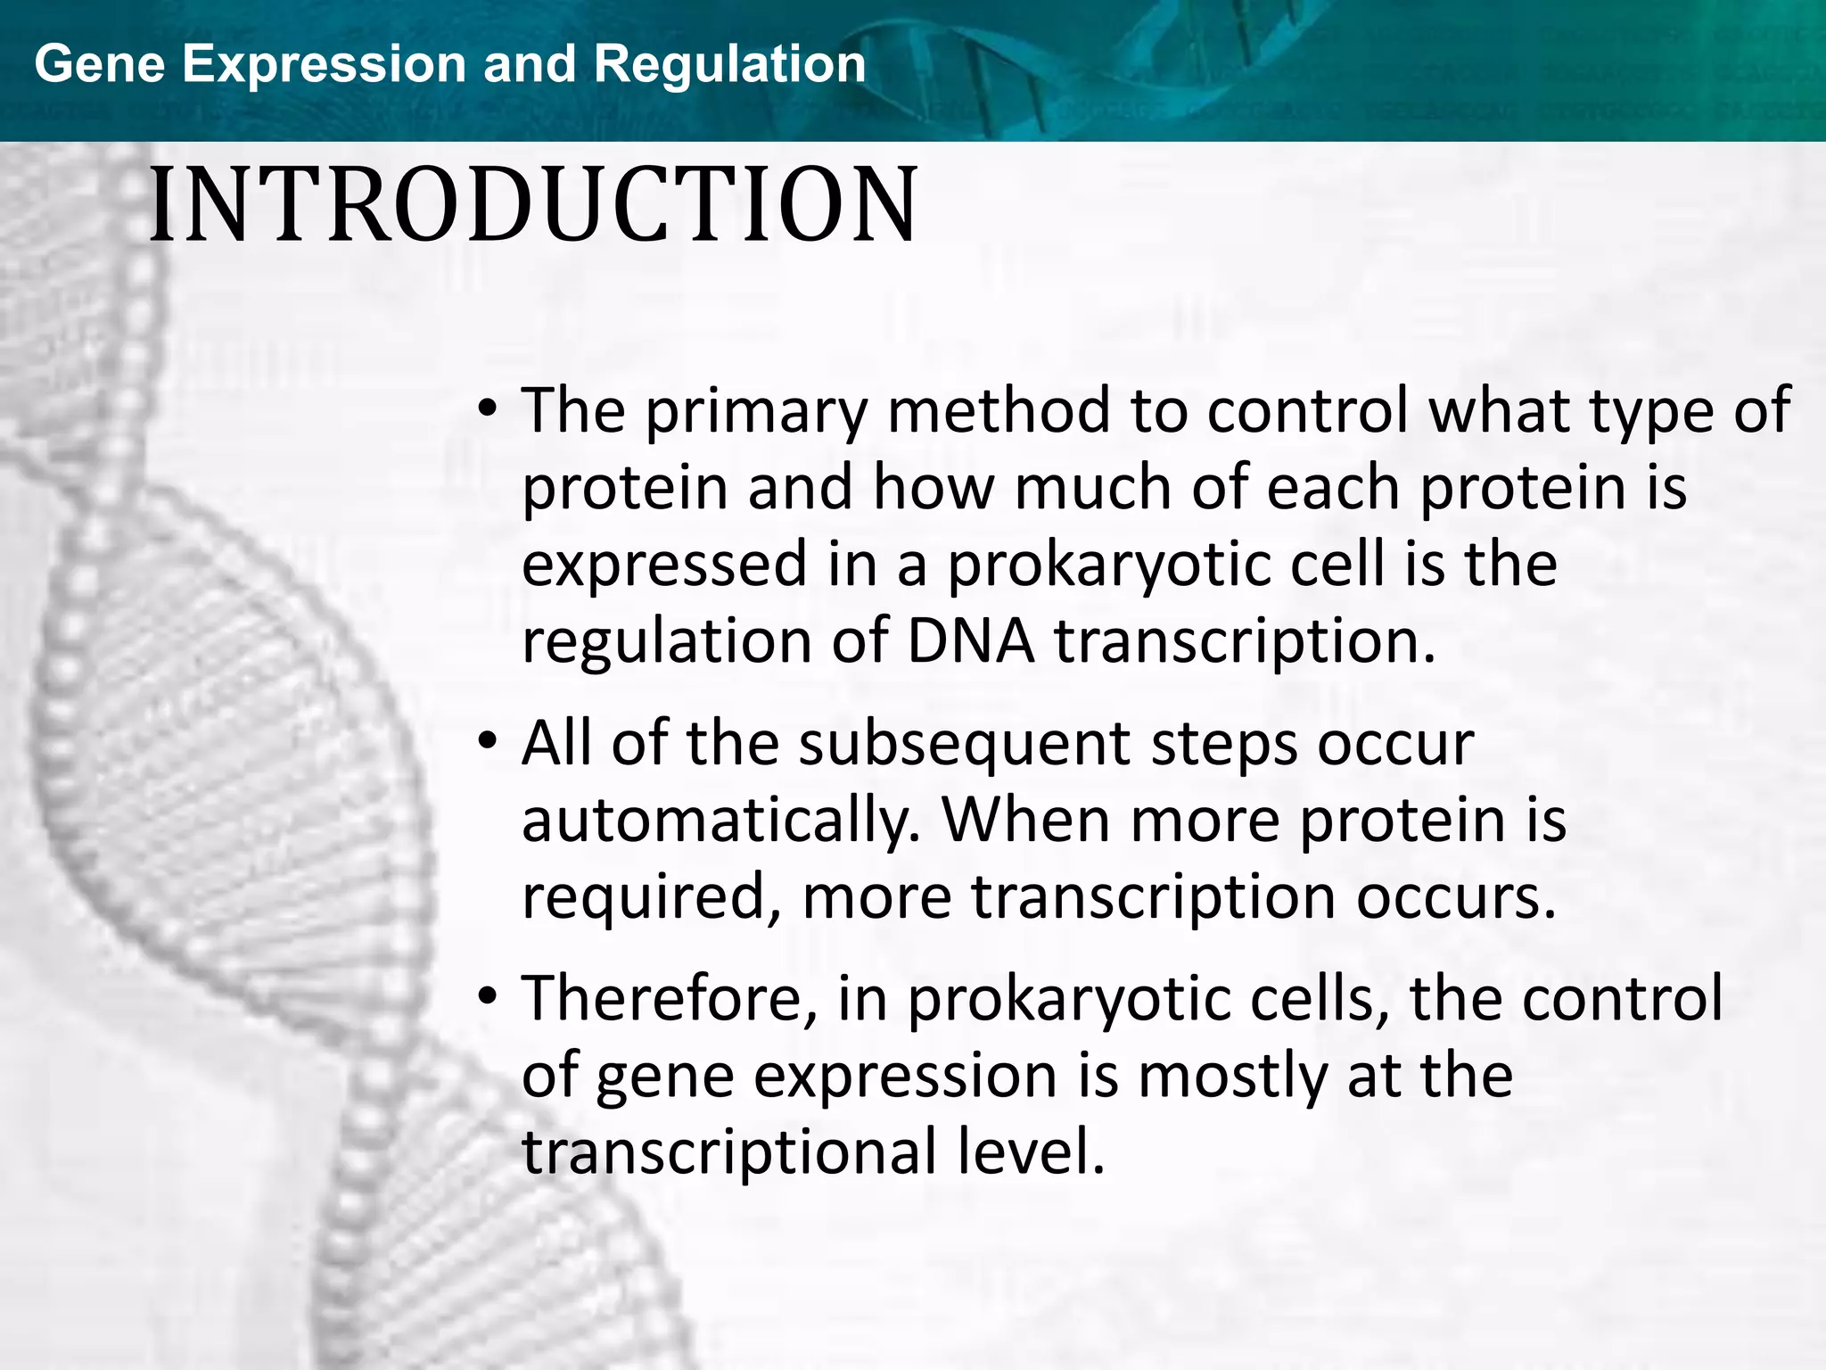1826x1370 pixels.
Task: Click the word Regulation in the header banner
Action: tap(729, 64)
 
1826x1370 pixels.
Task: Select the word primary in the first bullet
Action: tap(756, 412)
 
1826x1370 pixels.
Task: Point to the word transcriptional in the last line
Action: tap(729, 1151)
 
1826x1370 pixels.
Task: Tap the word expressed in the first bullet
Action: tap(663, 565)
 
